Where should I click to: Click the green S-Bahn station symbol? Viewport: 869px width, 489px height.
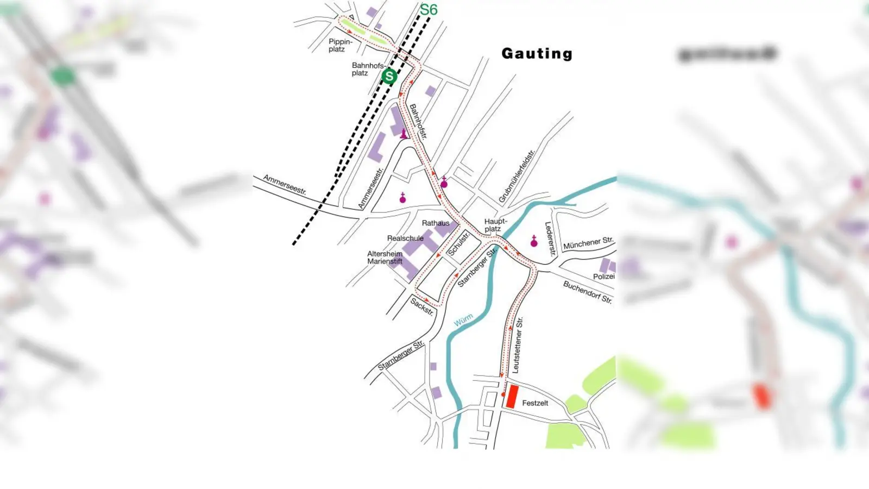click(x=389, y=77)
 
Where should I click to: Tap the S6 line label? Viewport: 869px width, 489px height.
click(x=429, y=10)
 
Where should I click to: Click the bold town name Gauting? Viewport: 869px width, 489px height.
click(x=537, y=53)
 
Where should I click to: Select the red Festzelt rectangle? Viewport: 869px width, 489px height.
click(x=511, y=397)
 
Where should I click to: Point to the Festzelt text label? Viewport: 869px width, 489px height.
click(x=535, y=403)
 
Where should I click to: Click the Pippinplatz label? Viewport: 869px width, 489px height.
click(x=340, y=45)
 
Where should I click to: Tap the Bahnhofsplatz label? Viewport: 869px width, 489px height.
click(x=367, y=69)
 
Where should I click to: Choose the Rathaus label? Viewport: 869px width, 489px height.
click(x=436, y=223)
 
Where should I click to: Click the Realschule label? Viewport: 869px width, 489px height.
click(x=405, y=238)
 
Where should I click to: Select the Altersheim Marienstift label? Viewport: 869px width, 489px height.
click(x=385, y=258)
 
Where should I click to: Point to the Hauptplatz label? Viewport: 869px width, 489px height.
click(x=495, y=225)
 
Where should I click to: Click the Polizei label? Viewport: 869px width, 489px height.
click(x=603, y=277)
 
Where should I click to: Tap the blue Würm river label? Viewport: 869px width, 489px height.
click(x=463, y=321)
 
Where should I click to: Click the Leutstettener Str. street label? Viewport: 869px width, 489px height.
click(x=517, y=345)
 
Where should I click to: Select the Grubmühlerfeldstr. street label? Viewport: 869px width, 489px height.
click(x=517, y=176)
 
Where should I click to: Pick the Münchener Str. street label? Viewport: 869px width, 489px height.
click(x=588, y=243)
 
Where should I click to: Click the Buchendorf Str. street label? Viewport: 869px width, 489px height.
click(x=587, y=292)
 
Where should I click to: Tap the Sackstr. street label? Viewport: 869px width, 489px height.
click(x=422, y=307)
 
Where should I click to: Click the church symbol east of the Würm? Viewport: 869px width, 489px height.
click(x=534, y=242)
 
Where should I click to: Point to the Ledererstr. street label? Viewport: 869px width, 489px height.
click(x=550, y=239)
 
